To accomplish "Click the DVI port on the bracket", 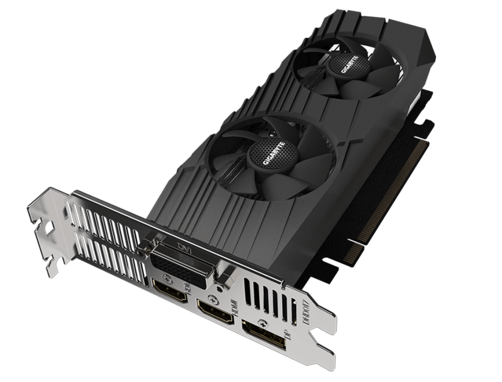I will [x=181, y=264].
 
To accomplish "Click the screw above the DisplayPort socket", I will [x=263, y=323].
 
